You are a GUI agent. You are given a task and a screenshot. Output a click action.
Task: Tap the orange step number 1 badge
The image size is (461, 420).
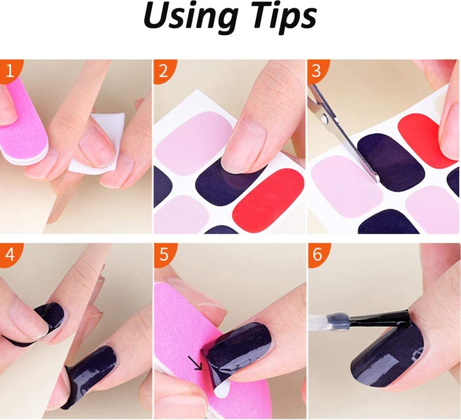[10, 71]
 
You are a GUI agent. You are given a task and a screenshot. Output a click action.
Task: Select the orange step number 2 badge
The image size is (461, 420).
[163, 71]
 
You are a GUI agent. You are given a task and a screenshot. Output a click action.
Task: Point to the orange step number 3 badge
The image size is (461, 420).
[316, 71]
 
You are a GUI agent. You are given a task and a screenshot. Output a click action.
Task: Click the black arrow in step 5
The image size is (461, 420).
[195, 363]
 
